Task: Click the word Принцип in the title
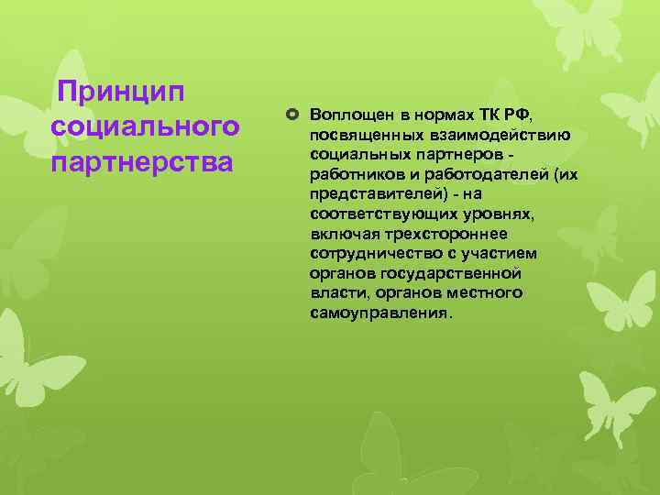click(x=120, y=93)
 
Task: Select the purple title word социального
click(x=146, y=126)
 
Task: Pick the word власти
click(x=335, y=292)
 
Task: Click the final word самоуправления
click(x=379, y=313)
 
